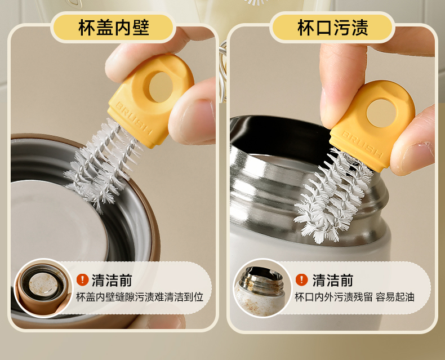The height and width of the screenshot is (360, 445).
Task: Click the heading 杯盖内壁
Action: coord(114,28)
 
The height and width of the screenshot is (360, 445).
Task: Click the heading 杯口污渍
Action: coord(332,28)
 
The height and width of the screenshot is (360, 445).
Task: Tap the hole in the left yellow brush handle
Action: coord(161,87)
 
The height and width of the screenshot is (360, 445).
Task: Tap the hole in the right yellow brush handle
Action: coord(381,113)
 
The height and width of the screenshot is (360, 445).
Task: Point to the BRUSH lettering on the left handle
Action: coord(134,118)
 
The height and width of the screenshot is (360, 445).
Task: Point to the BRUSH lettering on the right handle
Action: coord(362,144)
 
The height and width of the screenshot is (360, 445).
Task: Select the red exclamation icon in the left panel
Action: coord(82,279)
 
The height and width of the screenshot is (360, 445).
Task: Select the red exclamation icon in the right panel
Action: coord(301,279)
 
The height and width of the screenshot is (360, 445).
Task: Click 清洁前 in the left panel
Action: coord(112,280)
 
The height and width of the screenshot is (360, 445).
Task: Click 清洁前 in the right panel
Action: coord(332,280)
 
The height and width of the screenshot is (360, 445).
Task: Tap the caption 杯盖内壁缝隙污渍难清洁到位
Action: coord(140,297)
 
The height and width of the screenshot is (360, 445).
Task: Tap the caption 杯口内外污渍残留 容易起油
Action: coord(354,297)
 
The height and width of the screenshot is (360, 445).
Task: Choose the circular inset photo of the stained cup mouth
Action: coord(262,288)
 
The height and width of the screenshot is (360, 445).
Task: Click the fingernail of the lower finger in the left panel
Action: coord(198,119)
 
